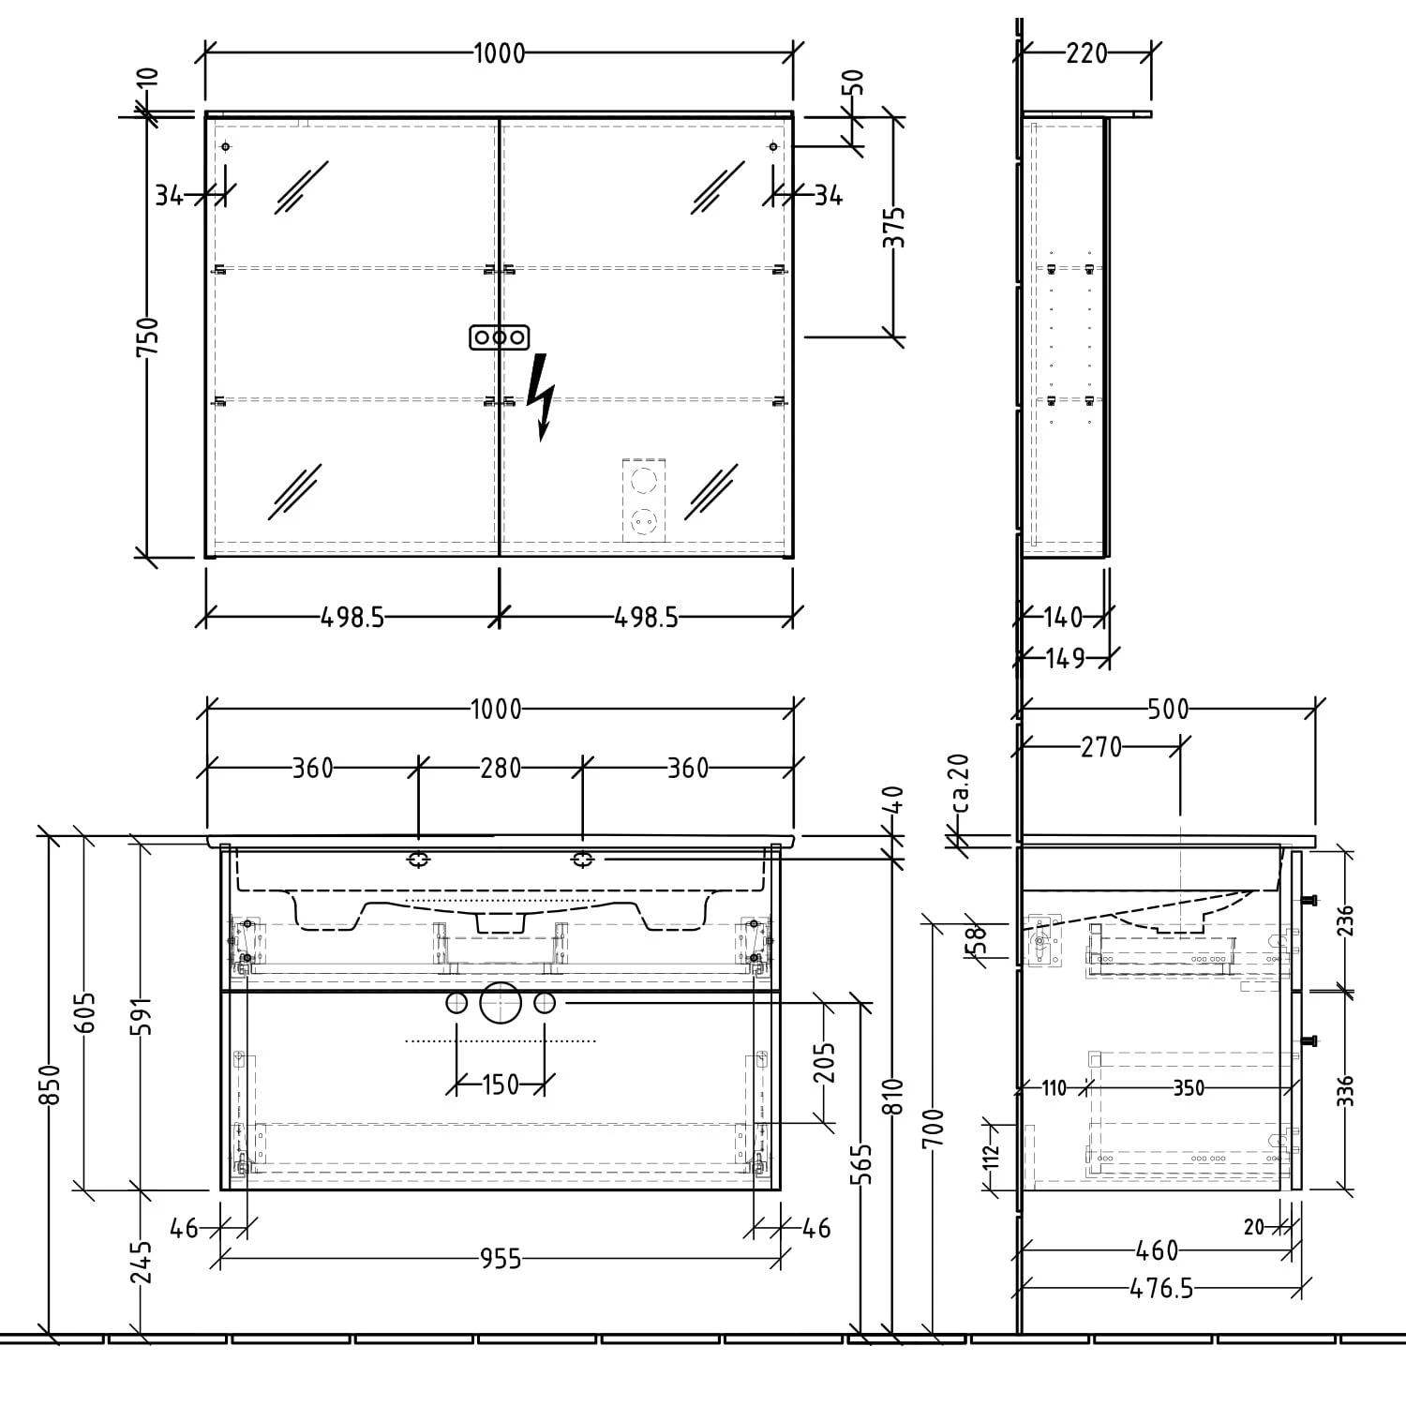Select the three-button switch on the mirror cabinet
point(500,337)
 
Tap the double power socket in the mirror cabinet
point(644,500)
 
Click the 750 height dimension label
point(148,337)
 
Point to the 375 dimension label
point(895,227)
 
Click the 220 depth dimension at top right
point(1086,53)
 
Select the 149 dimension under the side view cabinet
point(1065,658)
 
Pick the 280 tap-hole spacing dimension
point(500,768)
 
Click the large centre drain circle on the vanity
point(500,1003)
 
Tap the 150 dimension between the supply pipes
point(500,1085)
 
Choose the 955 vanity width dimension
point(500,1259)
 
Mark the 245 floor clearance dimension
point(141,1262)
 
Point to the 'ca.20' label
point(959,784)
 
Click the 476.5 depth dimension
point(1161,1289)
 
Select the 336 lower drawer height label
point(1345,1090)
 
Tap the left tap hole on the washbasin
point(418,859)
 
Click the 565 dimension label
point(862,1163)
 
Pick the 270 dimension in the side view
point(1100,747)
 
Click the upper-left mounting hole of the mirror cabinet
point(226,147)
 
